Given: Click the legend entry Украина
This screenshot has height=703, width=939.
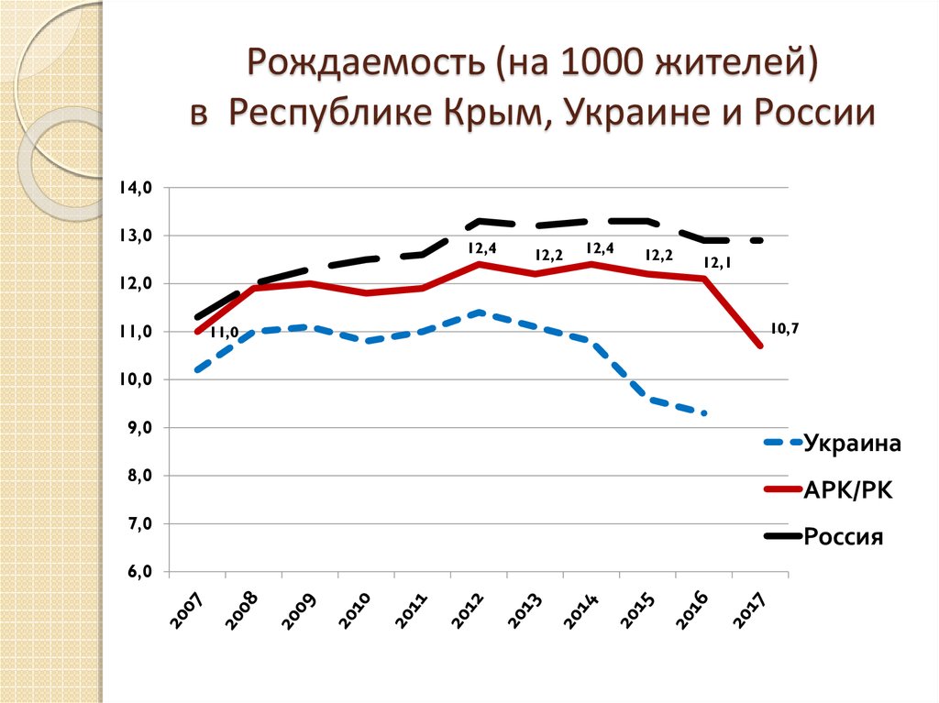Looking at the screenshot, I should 853,444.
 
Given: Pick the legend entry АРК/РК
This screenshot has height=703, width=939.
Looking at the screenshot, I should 847,491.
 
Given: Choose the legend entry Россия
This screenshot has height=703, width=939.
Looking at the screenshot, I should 844,537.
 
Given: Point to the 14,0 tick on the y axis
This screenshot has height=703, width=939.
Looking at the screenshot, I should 140,188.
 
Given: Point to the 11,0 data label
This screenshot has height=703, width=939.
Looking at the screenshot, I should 224,333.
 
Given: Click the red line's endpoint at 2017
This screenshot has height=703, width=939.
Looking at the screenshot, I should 760,346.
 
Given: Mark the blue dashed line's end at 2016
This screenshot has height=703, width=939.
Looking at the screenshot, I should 704,413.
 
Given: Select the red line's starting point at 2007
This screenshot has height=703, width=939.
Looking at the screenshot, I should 197,331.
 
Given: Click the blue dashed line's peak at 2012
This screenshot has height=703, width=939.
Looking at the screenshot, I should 479,313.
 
